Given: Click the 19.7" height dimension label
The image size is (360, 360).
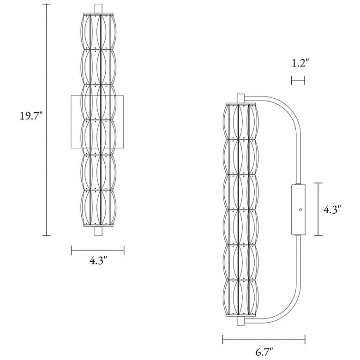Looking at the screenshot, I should click(31, 115).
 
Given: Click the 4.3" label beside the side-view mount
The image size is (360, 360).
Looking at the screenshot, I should click(332, 210).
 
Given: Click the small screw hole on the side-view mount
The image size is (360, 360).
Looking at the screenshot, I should click(300, 210).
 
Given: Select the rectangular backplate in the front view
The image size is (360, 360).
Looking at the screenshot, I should click(75, 122).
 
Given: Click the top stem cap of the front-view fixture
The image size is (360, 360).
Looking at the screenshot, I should click(97, 9).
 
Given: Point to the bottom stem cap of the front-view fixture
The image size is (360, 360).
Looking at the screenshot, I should click(97, 231).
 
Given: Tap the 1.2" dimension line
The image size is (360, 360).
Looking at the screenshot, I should click(298, 81).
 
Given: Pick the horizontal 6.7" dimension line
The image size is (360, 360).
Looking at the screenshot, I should click(264, 341).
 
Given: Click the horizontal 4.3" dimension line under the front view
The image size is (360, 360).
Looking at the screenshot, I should click(97, 251).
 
